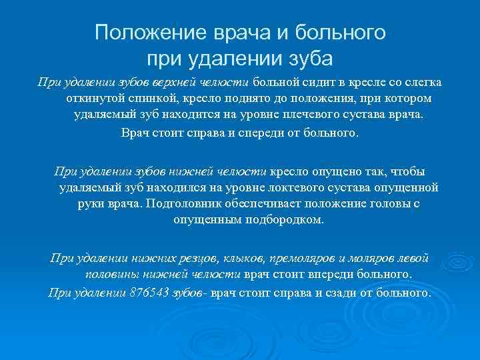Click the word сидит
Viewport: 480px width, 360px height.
click(x=309, y=82)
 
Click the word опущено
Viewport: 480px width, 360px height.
click(x=329, y=171)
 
